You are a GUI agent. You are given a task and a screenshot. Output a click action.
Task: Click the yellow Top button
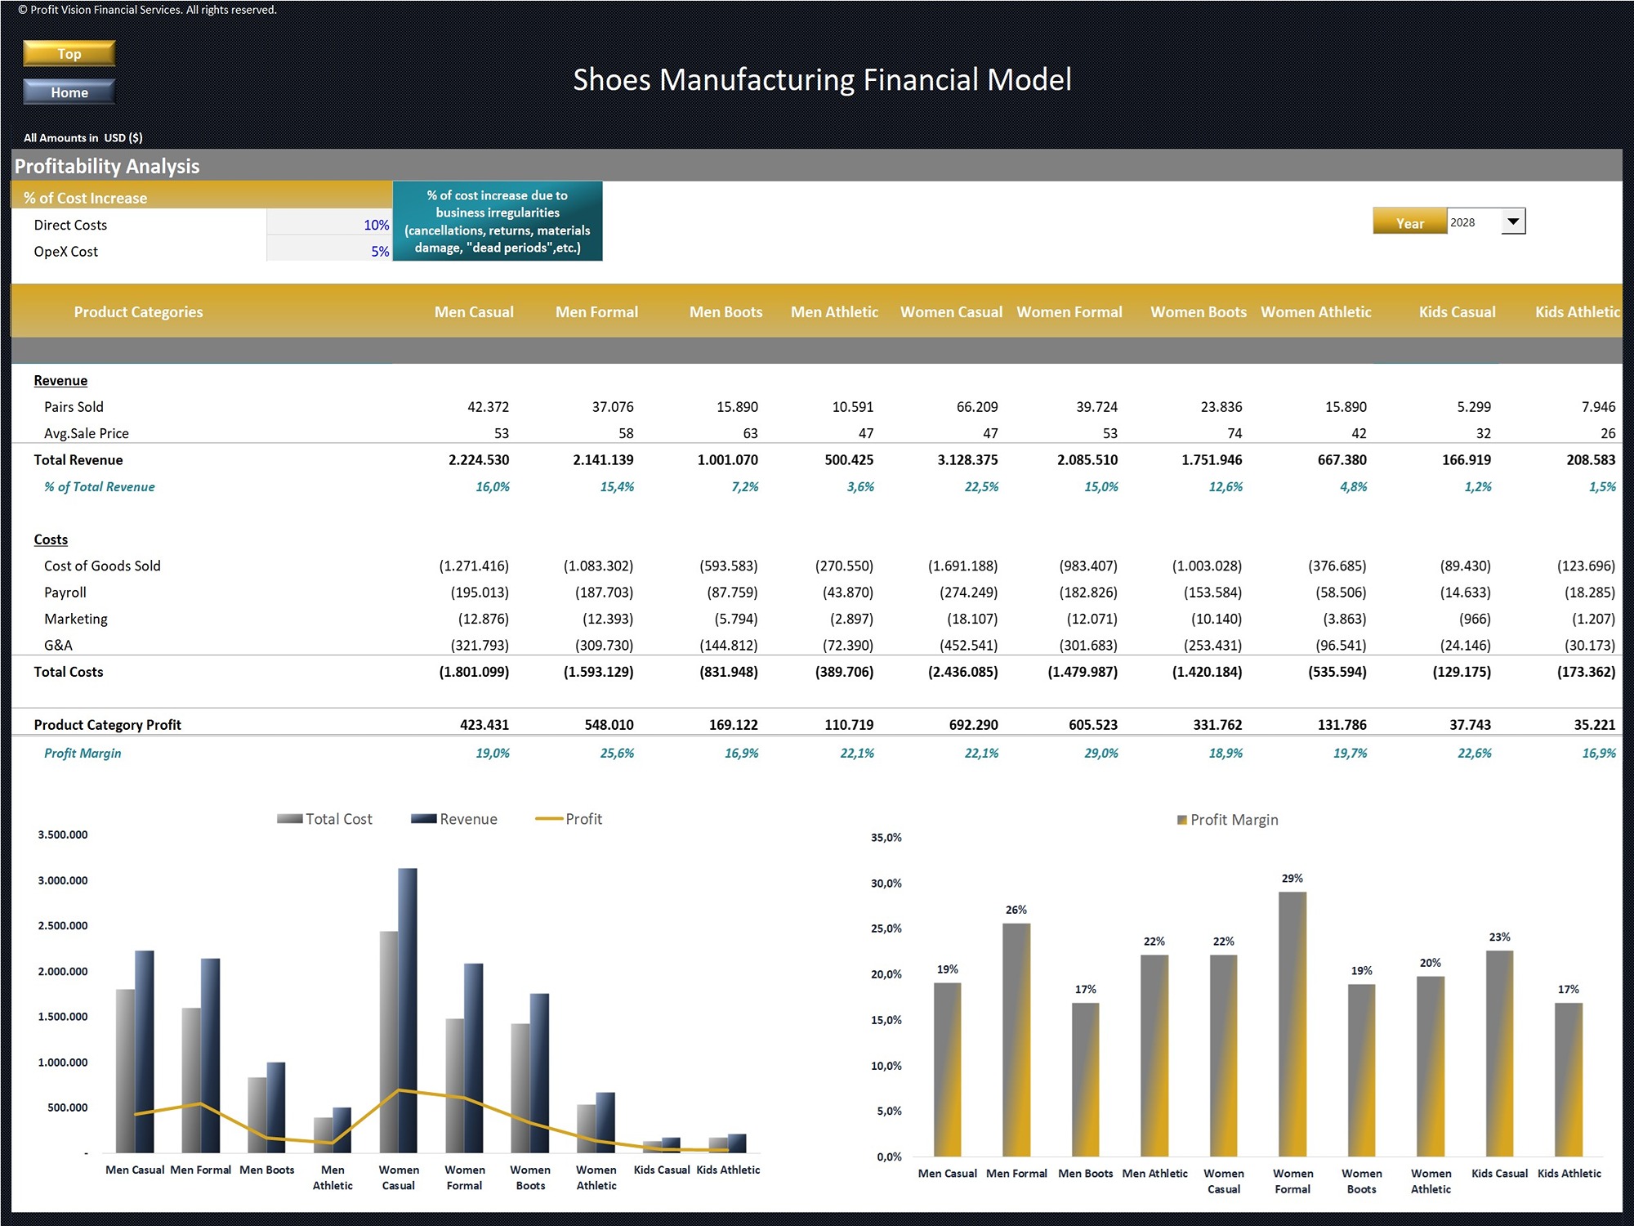[x=69, y=54]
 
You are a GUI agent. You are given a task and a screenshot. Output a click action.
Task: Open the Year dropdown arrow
[x=1512, y=221]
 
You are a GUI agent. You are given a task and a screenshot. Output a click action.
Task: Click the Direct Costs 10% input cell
[x=329, y=225]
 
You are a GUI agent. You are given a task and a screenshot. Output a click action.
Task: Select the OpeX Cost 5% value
[x=329, y=252]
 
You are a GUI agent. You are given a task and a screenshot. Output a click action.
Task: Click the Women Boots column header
[x=1198, y=311]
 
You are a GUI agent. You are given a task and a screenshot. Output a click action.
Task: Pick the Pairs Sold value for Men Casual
[x=488, y=407]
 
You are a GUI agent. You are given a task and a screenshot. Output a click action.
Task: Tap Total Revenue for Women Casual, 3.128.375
[x=967, y=460]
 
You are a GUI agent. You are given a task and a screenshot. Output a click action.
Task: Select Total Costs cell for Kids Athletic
[x=1585, y=672]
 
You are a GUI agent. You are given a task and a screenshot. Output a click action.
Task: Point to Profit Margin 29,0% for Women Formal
[x=1100, y=753]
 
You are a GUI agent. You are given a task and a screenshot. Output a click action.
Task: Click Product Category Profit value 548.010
[x=609, y=725]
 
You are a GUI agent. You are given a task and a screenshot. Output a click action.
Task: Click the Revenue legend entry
[x=455, y=819]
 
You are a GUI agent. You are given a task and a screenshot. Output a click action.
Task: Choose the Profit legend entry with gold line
[x=569, y=819]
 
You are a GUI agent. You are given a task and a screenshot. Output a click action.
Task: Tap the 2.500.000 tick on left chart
[x=63, y=926]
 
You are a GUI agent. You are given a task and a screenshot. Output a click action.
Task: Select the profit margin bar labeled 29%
[x=1292, y=1022]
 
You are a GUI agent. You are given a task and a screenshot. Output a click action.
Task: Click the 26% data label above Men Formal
[x=1016, y=910]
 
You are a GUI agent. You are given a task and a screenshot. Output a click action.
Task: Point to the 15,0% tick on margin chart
[x=886, y=1020]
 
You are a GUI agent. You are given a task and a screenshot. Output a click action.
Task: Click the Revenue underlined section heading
[x=60, y=381]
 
